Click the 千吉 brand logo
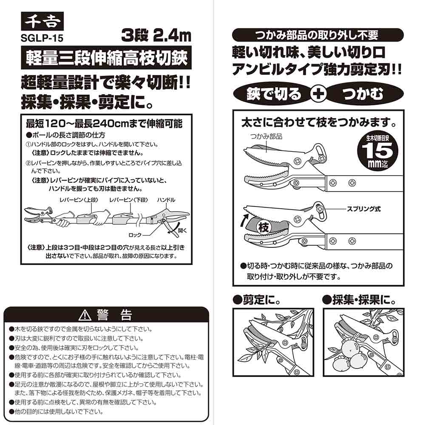tap(42, 21)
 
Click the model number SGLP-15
tap(42, 38)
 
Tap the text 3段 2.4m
tap(156, 36)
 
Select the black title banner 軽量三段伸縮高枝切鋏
tap(106, 58)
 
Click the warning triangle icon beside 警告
tap(85, 315)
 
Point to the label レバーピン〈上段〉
tap(79, 200)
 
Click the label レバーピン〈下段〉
tap(129, 200)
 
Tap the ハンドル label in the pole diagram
tap(166, 200)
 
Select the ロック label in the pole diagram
tap(135, 235)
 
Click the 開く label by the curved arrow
tap(182, 231)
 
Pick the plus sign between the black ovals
tap(318, 94)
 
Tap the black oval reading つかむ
tap(363, 94)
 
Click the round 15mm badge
tap(378, 151)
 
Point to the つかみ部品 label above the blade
tap(266, 136)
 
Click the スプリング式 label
tap(364, 209)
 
